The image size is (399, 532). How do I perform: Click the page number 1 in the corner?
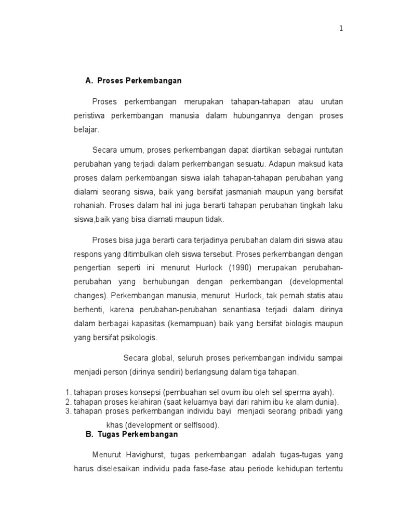pos(341,29)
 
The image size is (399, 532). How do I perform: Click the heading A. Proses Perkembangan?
pos(134,81)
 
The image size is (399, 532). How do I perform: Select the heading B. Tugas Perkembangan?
pos(131,434)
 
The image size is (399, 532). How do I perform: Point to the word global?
pos(159,358)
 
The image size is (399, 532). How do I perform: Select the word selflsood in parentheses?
pos(200,425)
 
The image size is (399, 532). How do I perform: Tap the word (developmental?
pos(317,282)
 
